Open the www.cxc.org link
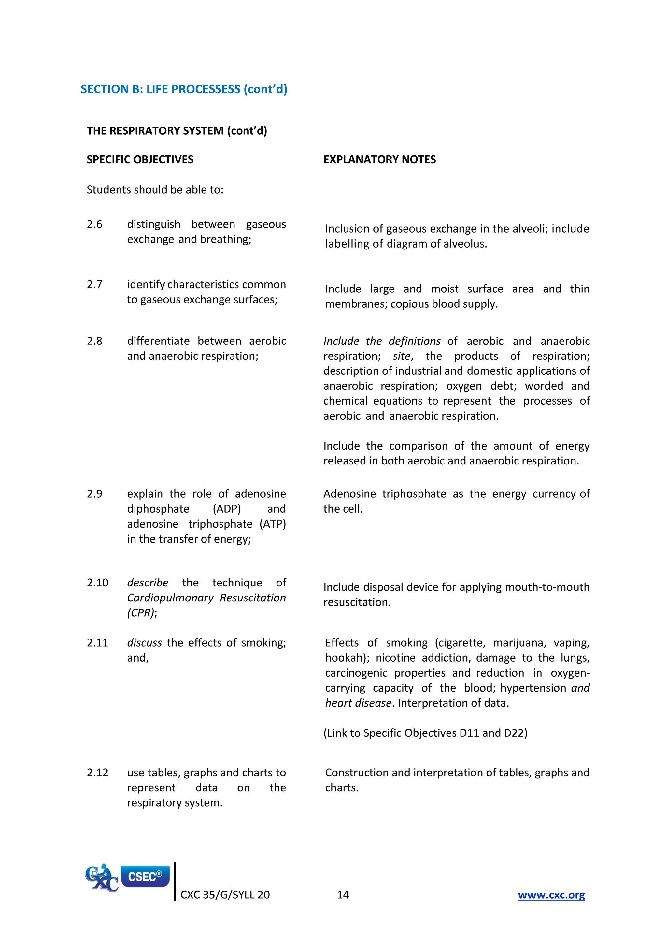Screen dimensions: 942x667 (x=551, y=895)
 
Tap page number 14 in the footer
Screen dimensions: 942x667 (x=343, y=895)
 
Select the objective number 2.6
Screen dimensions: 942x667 (x=94, y=224)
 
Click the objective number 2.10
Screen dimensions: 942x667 (x=97, y=583)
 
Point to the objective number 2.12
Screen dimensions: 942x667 (x=97, y=773)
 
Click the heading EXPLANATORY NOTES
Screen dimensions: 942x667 (x=379, y=160)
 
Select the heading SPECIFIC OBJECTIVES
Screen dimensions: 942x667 (x=140, y=160)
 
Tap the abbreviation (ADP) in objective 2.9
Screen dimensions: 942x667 (x=227, y=509)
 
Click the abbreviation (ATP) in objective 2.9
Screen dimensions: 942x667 (x=273, y=524)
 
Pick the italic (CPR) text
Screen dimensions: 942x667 (x=141, y=613)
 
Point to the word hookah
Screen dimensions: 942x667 (x=345, y=658)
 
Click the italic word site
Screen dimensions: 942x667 (x=402, y=356)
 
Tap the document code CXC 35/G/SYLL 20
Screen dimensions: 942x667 (x=225, y=895)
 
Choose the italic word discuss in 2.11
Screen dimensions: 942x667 (x=144, y=643)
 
